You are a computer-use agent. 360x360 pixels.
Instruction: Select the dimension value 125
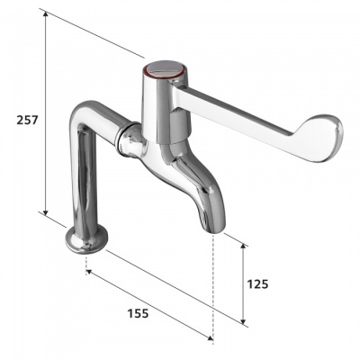[258, 283]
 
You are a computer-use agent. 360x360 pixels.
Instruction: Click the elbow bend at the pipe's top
[86, 117]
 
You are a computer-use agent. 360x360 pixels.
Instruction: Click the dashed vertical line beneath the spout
[212, 288]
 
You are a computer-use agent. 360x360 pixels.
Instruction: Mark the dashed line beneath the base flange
[86, 261]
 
